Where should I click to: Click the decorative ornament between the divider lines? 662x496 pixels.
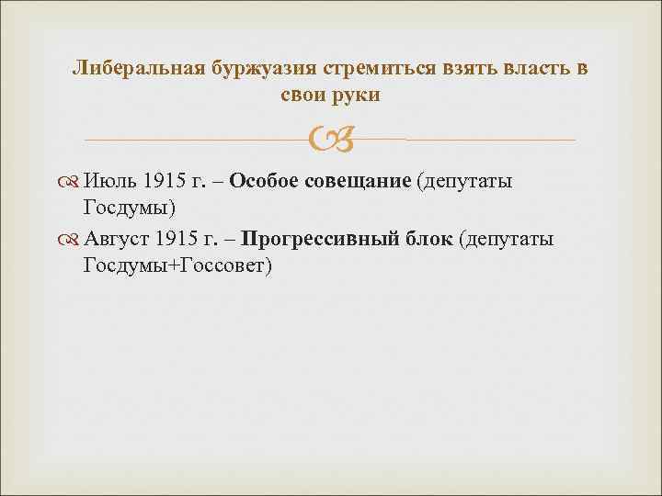(x=330, y=140)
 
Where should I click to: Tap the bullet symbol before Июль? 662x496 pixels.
(x=71, y=182)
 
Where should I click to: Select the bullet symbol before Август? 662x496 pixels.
(x=71, y=241)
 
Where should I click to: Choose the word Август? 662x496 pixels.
(x=118, y=240)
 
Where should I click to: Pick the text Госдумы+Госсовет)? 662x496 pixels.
(x=177, y=265)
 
